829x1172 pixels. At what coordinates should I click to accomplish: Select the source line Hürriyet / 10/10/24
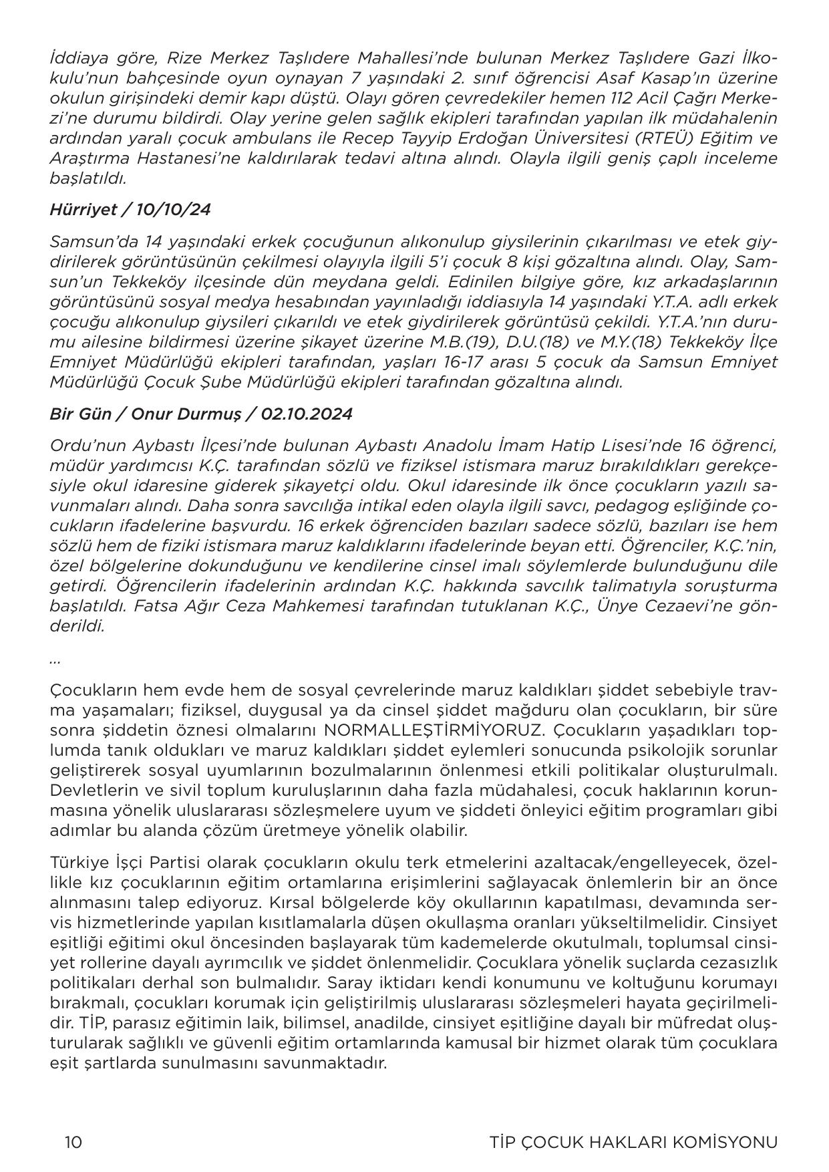130,210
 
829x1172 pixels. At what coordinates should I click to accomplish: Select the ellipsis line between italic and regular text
55,660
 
